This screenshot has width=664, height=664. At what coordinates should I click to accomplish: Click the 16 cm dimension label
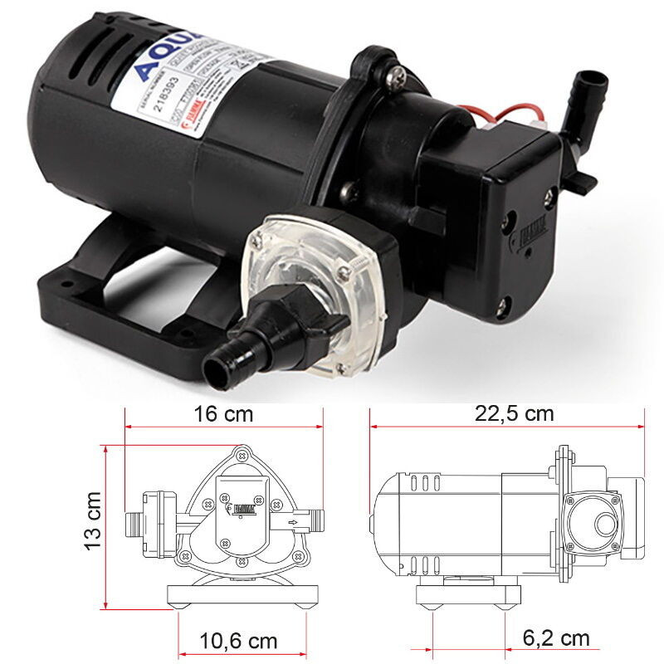223,413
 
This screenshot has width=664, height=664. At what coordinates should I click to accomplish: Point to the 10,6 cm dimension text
238,641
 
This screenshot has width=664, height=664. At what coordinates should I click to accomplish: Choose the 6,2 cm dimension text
556,637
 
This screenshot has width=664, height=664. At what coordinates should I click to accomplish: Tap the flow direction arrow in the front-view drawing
290,522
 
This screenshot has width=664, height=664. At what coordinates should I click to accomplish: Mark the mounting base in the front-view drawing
242,595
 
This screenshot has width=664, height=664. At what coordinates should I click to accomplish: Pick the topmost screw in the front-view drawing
242,454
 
